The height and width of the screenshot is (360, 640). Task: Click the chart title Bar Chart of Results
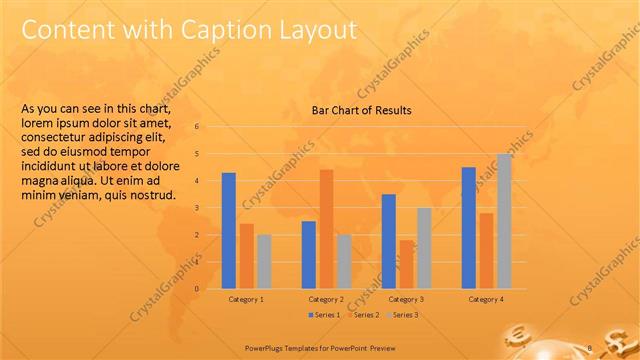pos(361,110)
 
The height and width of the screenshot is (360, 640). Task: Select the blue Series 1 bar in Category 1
pos(229,231)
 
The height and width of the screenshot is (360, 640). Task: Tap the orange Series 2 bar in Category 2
pos(326,229)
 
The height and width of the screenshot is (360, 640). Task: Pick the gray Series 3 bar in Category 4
pos(504,221)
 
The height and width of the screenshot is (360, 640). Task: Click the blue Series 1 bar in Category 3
pos(388,241)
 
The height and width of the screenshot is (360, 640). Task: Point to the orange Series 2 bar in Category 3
pos(406,264)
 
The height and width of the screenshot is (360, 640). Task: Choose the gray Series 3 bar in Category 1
pos(264,262)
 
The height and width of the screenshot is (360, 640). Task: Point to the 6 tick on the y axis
pos(198,127)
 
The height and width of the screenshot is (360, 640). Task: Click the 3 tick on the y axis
pos(198,208)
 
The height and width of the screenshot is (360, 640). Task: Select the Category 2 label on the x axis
pos(326,299)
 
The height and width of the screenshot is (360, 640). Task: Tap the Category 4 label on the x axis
pos(487,299)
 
